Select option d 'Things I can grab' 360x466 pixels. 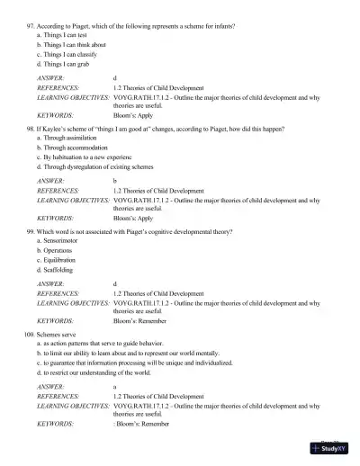point(71,64)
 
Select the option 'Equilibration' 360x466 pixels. point(64,260)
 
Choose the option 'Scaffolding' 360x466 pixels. point(62,270)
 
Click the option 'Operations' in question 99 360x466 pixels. point(62,251)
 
